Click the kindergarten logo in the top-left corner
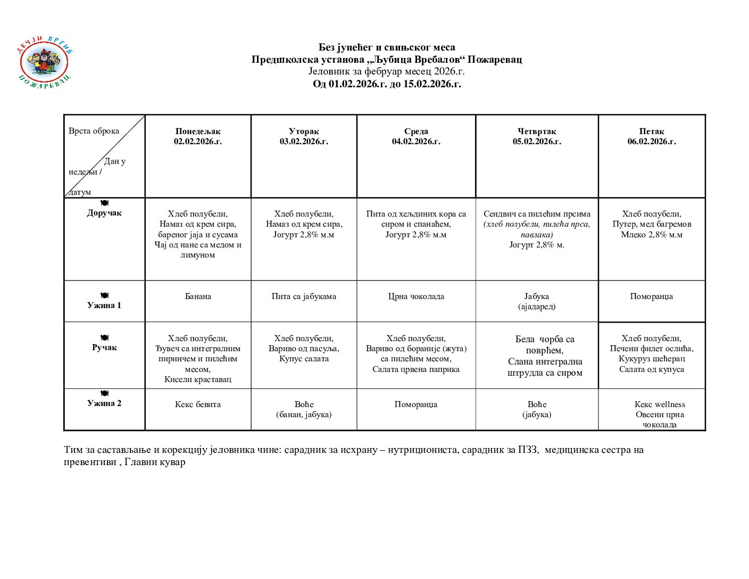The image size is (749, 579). point(45,63)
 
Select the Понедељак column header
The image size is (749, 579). point(197,136)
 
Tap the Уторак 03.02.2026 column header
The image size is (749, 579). point(304,136)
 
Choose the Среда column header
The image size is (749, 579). point(416,136)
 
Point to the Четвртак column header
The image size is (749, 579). point(537,136)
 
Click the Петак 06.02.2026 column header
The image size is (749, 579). point(652,136)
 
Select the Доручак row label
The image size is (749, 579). point(104,213)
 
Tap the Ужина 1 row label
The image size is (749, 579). point(104,305)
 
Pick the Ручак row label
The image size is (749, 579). point(104,347)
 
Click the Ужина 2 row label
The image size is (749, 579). point(104,403)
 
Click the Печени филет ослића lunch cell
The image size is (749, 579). point(652,354)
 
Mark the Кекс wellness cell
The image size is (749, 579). point(660,414)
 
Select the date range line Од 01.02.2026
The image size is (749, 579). point(387,84)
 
